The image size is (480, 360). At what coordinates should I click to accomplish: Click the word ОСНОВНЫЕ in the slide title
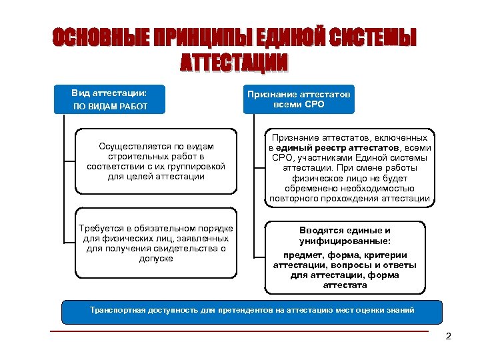[100, 39]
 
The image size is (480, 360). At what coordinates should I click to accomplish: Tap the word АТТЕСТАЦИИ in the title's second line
[235, 63]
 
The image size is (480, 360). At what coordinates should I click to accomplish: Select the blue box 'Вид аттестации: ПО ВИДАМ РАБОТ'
[109, 99]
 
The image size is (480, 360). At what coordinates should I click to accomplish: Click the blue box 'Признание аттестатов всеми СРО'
[299, 99]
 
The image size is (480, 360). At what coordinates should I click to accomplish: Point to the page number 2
[448, 336]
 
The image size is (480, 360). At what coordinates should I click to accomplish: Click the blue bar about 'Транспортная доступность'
[251, 311]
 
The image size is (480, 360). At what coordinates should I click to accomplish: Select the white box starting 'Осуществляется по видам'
[155, 161]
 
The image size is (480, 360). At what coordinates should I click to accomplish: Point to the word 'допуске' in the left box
[156, 258]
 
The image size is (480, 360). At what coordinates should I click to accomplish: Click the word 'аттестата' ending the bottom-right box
[345, 285]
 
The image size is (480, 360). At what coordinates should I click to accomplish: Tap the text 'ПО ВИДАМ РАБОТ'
[109, 107]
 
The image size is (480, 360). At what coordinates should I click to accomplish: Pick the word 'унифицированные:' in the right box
[345, 241]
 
